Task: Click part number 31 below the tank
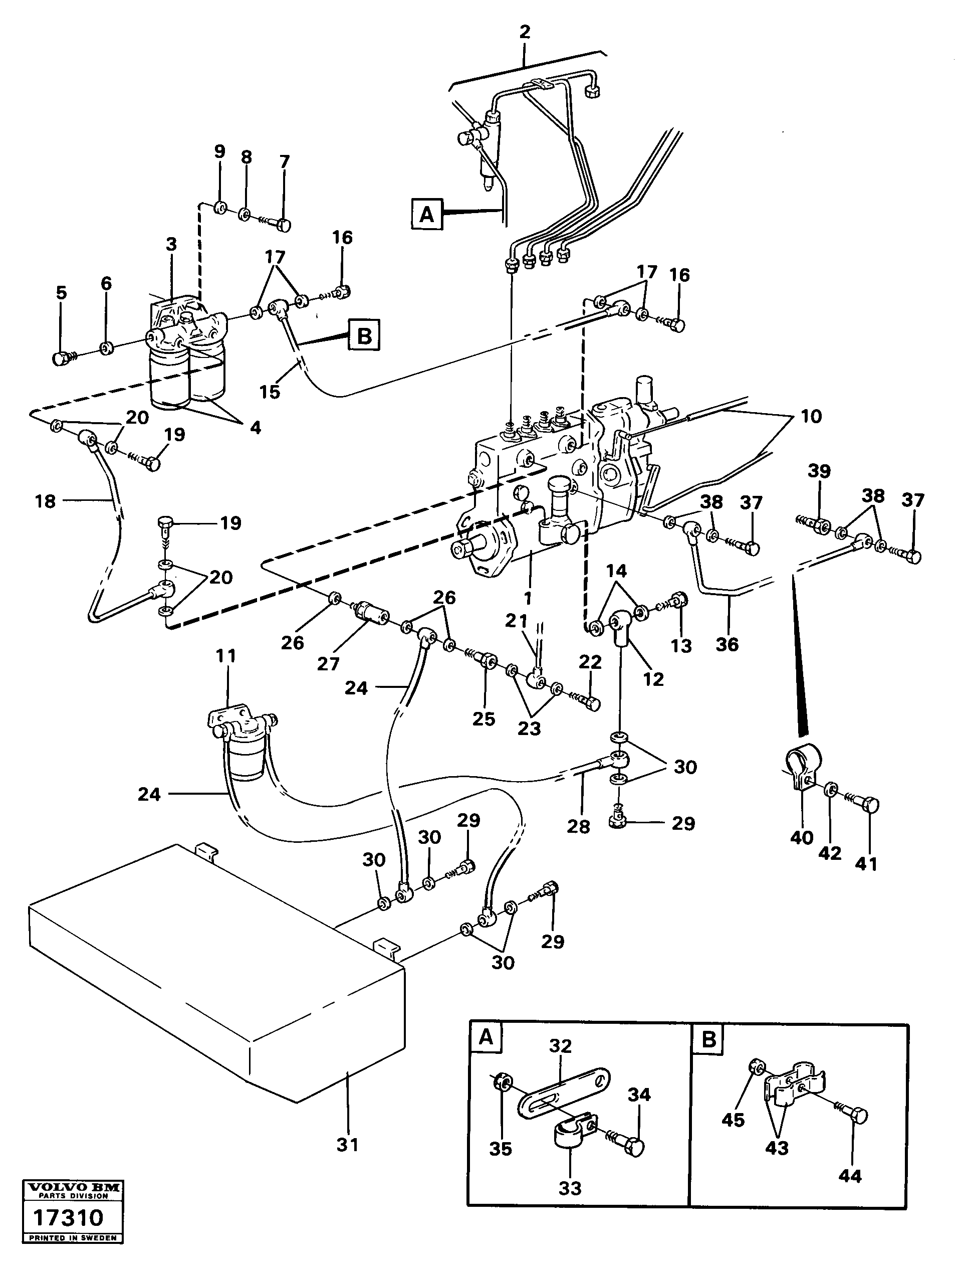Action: click(x=348, y=1145)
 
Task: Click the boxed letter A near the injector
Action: click(x=427, y=215)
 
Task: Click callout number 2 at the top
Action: click(x=524, y=33)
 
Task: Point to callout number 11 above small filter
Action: click(x=226, y=656)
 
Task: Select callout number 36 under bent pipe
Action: click(x=727, y=644)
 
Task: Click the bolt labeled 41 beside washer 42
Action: click(x=869, y=804)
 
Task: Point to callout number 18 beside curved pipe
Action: click(x=45, y=501)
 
